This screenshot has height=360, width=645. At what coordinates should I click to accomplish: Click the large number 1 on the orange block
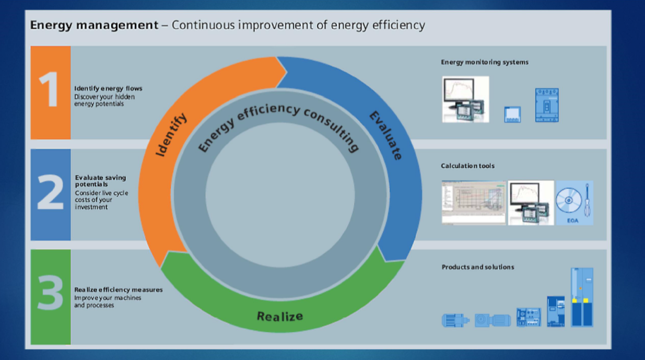(49, 89)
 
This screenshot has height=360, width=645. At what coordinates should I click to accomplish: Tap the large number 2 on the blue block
(50, 192)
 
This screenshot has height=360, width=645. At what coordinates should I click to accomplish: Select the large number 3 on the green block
(50, 292)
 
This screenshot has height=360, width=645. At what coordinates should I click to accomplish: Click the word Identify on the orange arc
(171, 135)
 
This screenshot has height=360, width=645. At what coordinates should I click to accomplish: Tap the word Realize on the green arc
(280, 316)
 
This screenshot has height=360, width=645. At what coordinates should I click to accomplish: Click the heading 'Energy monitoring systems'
(485, 62)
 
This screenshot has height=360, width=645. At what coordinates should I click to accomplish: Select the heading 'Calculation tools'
(467, 166)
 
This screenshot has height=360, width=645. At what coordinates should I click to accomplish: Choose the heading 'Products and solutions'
(478, 267)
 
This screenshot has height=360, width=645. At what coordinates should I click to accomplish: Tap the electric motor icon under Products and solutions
(455, 320)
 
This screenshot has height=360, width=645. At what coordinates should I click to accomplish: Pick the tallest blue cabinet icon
(582, 297)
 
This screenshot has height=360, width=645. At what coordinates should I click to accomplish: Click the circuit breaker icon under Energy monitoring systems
(547, 105)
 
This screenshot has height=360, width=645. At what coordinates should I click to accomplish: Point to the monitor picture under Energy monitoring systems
(466, 99)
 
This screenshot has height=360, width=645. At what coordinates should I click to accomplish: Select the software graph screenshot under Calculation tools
(474, 202)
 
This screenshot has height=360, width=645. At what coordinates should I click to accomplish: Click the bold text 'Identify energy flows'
(108, 88)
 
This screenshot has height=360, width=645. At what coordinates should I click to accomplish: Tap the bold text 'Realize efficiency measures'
(119, 289)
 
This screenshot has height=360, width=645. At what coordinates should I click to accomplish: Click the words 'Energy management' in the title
(94, 26)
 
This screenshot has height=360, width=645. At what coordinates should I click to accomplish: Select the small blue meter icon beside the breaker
(512, 114)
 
